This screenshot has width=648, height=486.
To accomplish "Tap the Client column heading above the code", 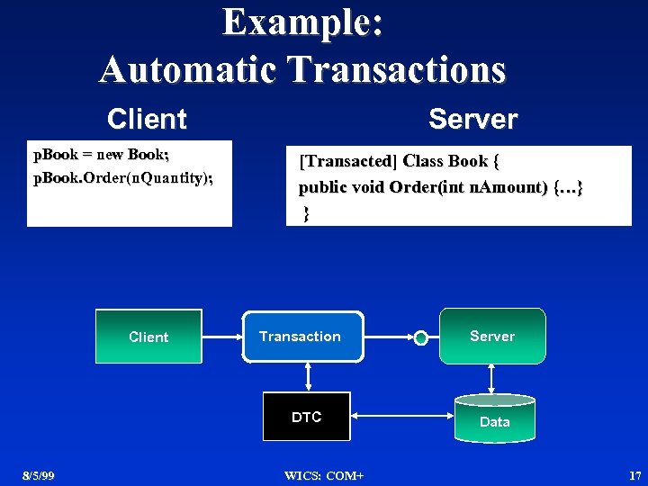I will click(x=147, y=119).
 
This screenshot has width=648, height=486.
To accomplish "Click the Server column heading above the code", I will click(x=472, y=119).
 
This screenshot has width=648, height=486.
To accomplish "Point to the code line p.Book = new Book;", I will click(x=101, y=155).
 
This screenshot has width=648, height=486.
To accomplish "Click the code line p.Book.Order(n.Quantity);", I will click(x=122, y=177).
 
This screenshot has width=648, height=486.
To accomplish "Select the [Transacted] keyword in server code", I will click(x=346, y=161).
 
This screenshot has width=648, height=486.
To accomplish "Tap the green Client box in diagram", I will click(x=148, y=337).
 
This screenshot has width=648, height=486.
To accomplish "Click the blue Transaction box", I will click(x=301, y=337).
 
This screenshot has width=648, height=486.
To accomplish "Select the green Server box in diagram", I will click(x=492, y=336).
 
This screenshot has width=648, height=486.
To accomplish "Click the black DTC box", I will click(x=306, y=417).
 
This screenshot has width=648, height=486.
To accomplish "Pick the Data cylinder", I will click(x=494, y=420).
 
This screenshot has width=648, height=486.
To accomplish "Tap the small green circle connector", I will click(x=420, y=338).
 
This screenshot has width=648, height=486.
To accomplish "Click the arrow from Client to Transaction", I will click(x=220, y=337).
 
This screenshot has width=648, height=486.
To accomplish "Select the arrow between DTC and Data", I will click(x=401, y=417).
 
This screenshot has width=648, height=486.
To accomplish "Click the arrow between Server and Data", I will click(x=492, y=378).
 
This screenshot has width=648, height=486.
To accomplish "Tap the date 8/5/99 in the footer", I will click(x=39, y=475).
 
